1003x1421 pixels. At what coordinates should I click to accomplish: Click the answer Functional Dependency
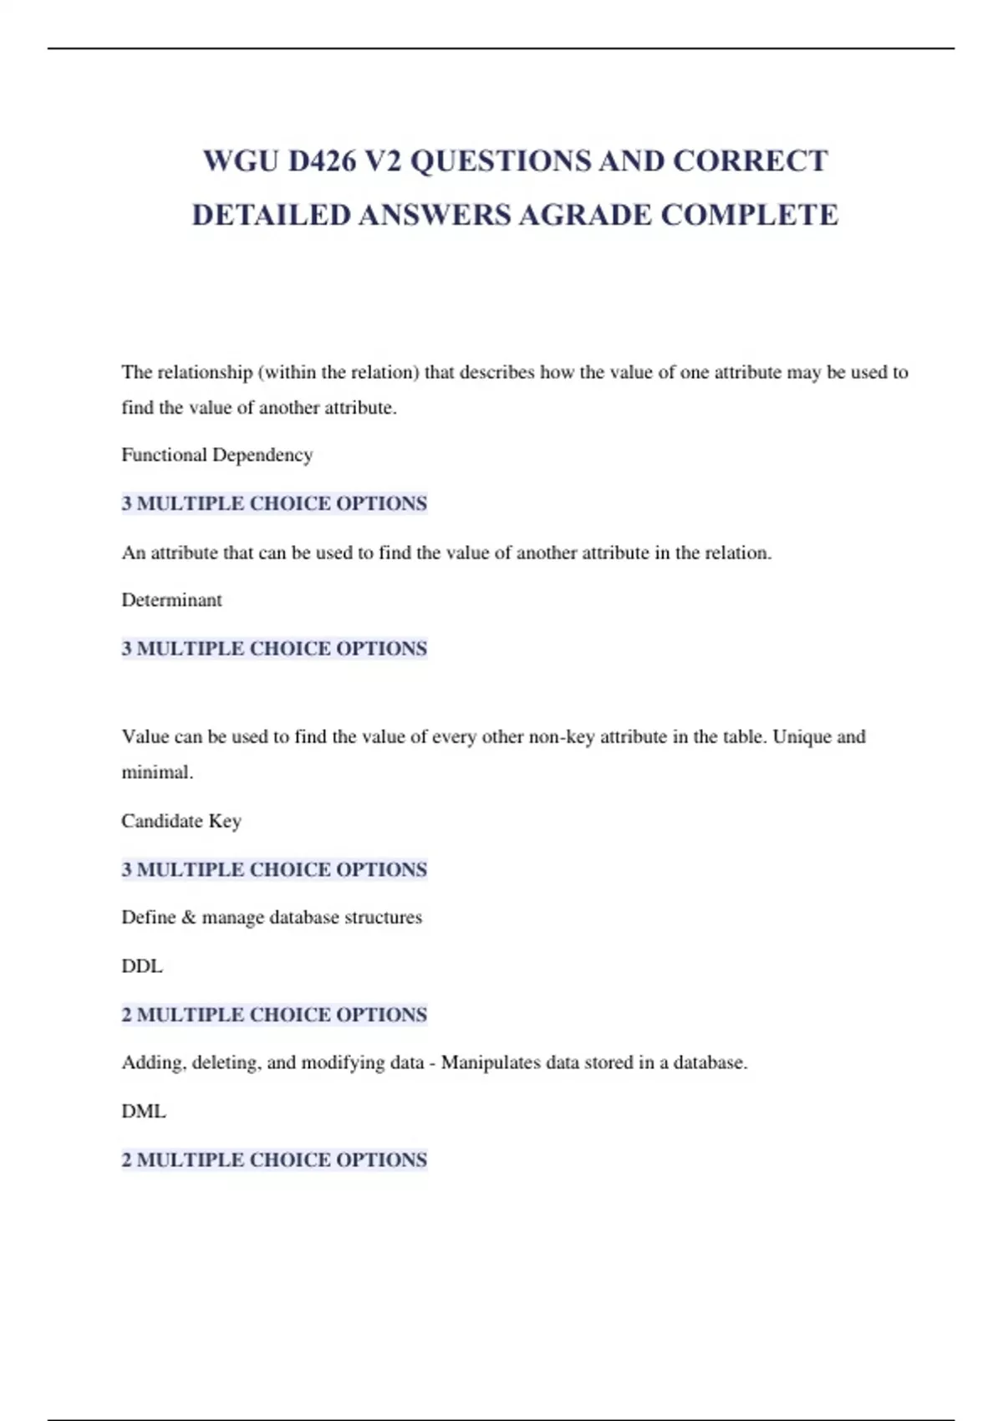click(217, 455)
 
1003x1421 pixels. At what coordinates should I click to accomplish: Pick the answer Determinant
click(171, 600)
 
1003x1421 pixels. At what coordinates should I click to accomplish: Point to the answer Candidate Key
click(181, 821)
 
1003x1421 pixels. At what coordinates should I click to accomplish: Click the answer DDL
click(142, 966)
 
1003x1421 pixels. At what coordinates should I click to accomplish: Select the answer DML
click(144, 1112)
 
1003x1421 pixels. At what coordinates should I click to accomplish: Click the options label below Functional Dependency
click(274, 503)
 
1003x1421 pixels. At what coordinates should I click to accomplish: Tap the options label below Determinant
click(274, 649)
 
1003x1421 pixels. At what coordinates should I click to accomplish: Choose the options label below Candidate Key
click(274, 869)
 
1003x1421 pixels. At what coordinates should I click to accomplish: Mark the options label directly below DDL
click(274, 1015)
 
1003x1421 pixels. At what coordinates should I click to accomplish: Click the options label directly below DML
click(274, 1160)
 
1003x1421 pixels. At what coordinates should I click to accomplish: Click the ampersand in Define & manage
click(188, 918)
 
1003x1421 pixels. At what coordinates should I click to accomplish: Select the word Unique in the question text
click(802, 737)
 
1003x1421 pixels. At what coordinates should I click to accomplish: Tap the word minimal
click(157, 772)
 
